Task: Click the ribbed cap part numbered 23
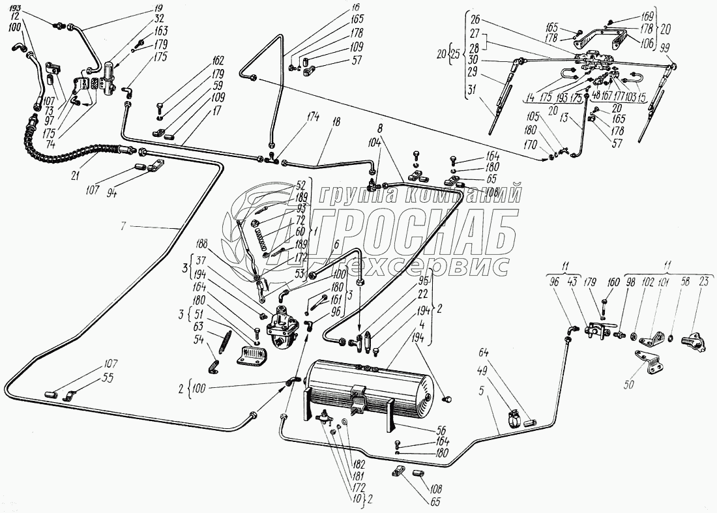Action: point(692,340)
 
